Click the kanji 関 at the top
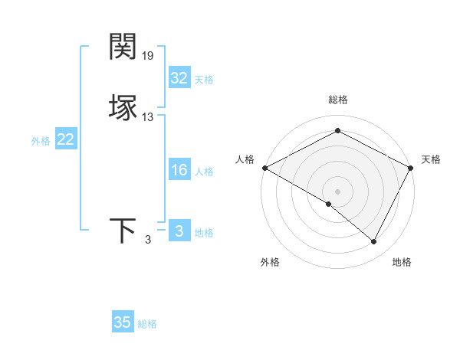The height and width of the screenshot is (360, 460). tap(123, 47)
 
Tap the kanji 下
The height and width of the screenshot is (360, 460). tap(123, 231)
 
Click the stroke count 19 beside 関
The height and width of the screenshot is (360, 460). tap(148, 55)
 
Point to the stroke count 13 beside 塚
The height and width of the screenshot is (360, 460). tap(148, 116)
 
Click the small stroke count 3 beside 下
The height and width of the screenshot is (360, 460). tap(148, 240)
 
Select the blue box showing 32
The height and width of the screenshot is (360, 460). tap(179, 78)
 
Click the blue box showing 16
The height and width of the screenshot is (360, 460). tap(179, 171)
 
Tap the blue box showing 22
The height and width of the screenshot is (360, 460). tap(65, 139)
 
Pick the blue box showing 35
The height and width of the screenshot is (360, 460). tap(123, 322)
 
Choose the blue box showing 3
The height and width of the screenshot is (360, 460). tap(179, 231)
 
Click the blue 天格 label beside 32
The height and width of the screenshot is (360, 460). tap(204, 80)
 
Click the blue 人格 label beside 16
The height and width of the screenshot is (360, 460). tap(204, 172)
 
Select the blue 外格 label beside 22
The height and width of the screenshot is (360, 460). tap(41, 141)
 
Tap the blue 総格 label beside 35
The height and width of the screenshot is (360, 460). tap(147, 324)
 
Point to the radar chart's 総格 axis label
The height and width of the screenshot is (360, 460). tap(338, 100)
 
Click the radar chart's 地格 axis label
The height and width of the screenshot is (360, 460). tap(402, 262)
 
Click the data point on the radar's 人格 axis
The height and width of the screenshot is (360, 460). tap(264, 168)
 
